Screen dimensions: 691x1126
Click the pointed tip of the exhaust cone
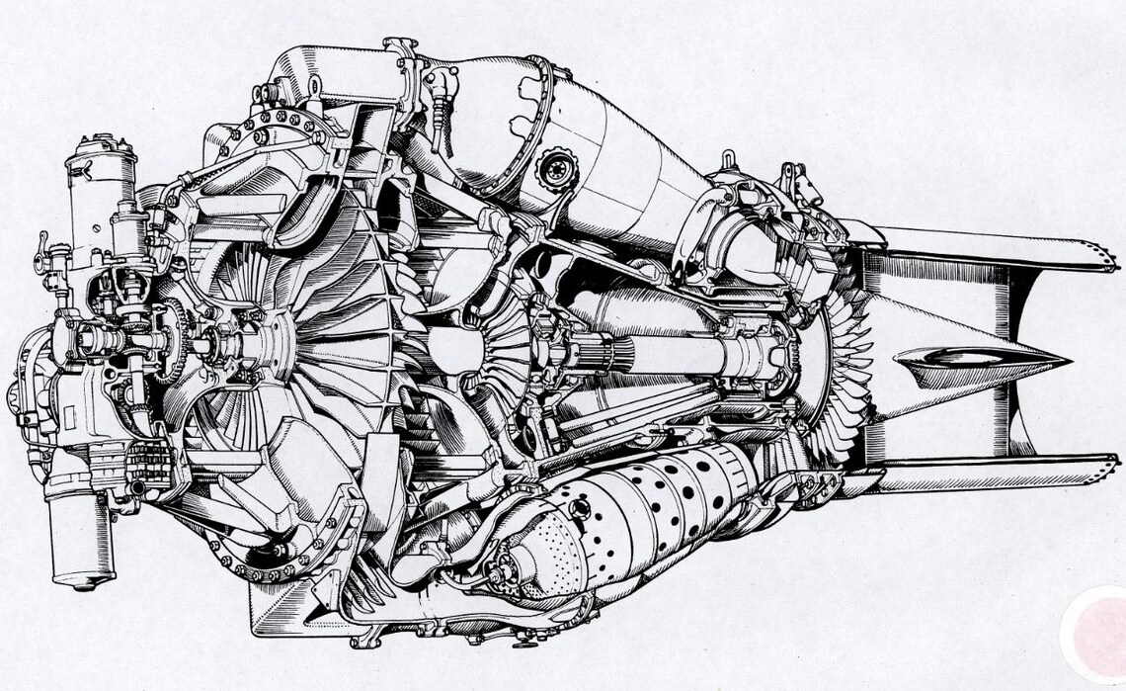[x=1068, y=357]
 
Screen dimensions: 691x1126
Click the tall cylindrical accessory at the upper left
[x=100, y=188]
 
